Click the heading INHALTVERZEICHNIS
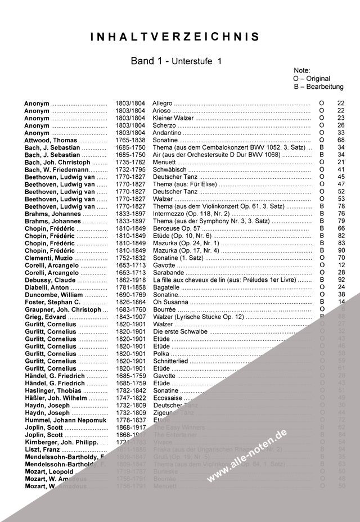point(175,37)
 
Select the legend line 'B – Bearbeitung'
point(318,87)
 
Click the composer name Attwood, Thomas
point(50,140)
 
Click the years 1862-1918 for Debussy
point(130,280)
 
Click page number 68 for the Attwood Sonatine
point(340,140)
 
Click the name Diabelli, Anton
point(47,287)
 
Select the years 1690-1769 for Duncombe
point(130,295)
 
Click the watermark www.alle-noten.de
point(247,456)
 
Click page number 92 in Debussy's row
point(340,280)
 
